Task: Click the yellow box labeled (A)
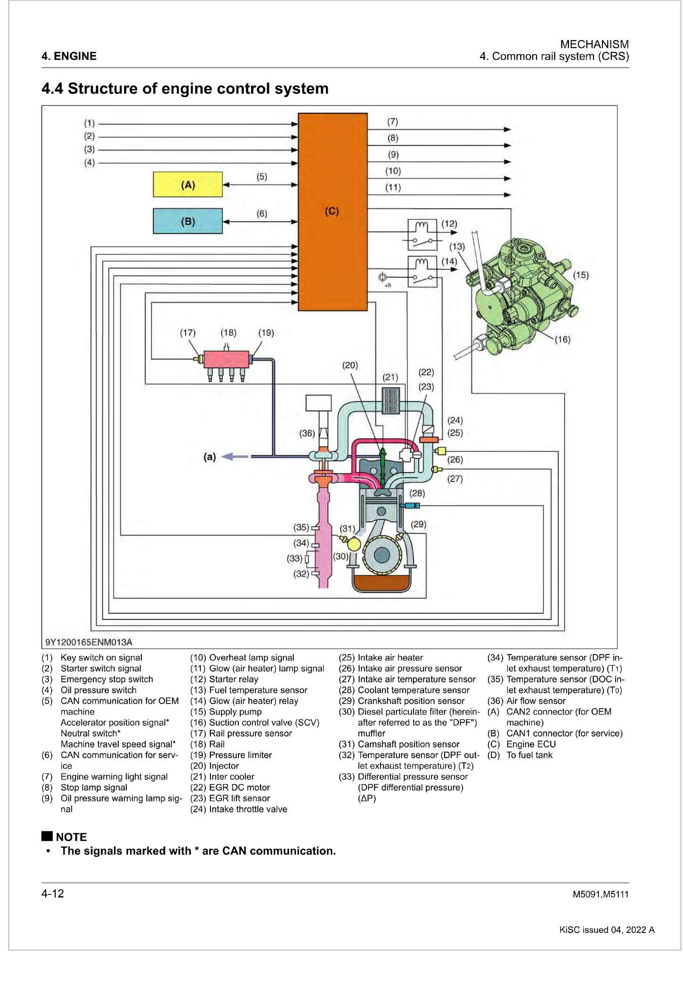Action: [x=187, y=184]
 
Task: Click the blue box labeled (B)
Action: [x=187, y=221]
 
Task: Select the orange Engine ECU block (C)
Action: [x=332, y=212]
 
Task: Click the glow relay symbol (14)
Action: [x=422, y=271]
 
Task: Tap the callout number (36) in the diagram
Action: [x=307, y=433]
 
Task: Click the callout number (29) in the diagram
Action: [x=418, y=524]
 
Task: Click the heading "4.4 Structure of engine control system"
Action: [x=185, y=89]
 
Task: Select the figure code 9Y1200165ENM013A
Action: [x=89, y=642]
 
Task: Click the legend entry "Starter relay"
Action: [x=234, y=679]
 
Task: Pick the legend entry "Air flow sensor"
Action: [x=536, y=701]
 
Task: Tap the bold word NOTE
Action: [x=71, y=837]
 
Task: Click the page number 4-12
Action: [x=53, y=893]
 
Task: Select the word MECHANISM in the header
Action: [x=594, y=44]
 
